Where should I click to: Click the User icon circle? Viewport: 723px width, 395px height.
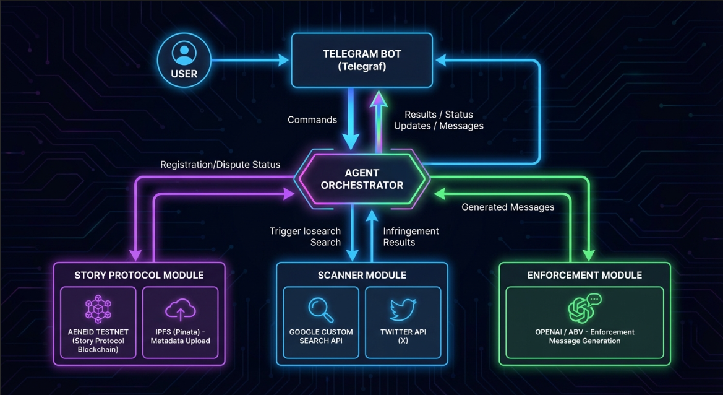click(x=184, y=60)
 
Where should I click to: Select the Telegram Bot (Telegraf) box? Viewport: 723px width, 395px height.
click(x=362, y=60)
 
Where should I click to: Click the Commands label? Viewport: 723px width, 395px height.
click(x=312, y=119)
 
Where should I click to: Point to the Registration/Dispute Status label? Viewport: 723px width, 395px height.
click(x=220, y=165)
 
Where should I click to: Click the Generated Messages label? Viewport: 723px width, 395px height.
click(x=508, y=207)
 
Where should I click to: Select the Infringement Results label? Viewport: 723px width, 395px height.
click(x=411, y=237)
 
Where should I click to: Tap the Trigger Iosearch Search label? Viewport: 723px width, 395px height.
click(x=306, y=237)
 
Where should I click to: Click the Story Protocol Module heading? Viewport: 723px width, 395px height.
click(x=139, y=275)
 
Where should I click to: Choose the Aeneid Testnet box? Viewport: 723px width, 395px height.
click(x=98, y=322)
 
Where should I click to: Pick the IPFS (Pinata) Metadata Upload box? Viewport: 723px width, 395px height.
click(x=181, y=322)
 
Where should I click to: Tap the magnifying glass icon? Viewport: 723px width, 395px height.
click(x=320, y=308)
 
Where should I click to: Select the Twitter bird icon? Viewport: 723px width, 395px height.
click(x=403, y=309)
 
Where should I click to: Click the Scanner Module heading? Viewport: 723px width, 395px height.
click(x=362, y=275)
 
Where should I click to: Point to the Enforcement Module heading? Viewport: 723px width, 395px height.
click(x=584, y=275)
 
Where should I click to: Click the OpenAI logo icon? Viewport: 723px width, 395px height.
click(x=583, y=309)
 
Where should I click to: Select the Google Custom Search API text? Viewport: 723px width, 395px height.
click(x=320, y=336)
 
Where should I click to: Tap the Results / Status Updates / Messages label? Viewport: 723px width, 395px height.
click(x=439, y=120)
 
